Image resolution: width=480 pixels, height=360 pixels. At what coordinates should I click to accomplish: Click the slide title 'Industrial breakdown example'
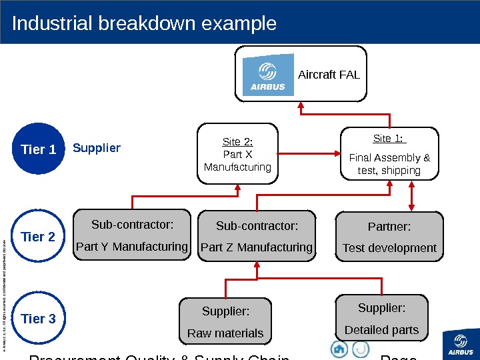pyautogui.click(x=144, y=24)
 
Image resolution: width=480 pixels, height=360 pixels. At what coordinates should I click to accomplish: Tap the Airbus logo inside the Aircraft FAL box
pyautogui.click(x=268, y=75)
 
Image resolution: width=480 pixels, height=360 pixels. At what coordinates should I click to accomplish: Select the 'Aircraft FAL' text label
pyautogui.click(x=329, y=75)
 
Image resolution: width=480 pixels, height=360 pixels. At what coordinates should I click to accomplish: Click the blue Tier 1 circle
pyautogui.click(x=39, y=149)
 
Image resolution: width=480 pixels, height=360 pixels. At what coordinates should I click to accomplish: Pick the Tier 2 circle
pyautogui.click(x=39, y=237)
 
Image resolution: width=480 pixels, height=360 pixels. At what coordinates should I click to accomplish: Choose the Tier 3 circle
pyautogui.click(x=39, y=319)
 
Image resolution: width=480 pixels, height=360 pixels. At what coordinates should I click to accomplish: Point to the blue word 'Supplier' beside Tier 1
pyautogui.click(x=97, y=148)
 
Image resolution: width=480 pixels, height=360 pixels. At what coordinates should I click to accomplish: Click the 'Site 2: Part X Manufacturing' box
pyautogui.click(x=238, y=154)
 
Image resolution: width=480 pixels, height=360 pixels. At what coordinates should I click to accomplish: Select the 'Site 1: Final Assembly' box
pyautogui.click(x=390, y=154)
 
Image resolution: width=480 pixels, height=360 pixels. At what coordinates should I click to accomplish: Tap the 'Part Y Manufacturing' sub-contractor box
pyautogui.click(x=132, y=235)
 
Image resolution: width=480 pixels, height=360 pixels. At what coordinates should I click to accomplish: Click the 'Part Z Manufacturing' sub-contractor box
pyautogui.click(x=257, y=235)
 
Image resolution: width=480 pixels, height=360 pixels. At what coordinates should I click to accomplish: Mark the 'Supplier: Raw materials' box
pyautogui.click(x=225, y=322)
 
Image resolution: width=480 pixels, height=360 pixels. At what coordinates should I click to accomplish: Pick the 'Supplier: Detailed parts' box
pyautogui.click(x=381, y=319)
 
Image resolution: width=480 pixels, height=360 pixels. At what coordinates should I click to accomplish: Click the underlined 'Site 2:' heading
pyautogui.click(x=237, y=142)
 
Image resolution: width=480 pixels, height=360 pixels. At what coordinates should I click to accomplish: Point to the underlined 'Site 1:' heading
pyautogui.click(x=390, y=139)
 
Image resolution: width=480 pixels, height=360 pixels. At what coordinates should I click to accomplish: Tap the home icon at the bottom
pyautogui.click(x=339, y=349)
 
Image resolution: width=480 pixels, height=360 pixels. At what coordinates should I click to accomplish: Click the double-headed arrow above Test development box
pyautogui.click(x=411, y=196)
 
